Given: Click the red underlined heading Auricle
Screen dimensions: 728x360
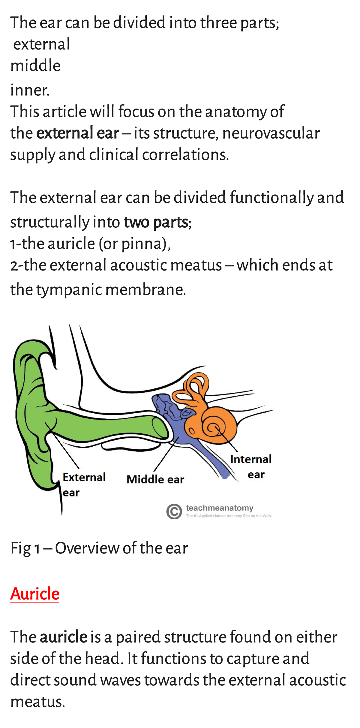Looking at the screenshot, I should click(x=35, y=594).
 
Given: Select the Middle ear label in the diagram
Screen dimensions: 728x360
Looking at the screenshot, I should click(x=155, y=479).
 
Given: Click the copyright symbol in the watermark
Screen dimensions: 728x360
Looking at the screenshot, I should click(x=174, y=511).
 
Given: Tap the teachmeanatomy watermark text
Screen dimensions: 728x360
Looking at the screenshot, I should click(x=220, y=508).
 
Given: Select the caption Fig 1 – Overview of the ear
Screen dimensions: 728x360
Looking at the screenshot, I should click(x=99, y=548).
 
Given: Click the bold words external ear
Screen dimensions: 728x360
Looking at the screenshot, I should click(x=78, y=133).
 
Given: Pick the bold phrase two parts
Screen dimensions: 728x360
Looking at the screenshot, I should click(x=156, y=222).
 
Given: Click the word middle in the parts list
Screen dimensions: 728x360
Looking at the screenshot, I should click(x=35, y=65).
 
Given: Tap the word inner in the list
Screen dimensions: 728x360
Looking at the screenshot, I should click(x=29, y=90).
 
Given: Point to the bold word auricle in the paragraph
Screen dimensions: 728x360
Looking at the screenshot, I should click(x=63, y=637).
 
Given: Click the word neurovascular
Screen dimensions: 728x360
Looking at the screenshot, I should click(x=271, y=133).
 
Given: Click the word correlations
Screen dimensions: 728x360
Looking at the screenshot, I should click(x=185, y=155).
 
